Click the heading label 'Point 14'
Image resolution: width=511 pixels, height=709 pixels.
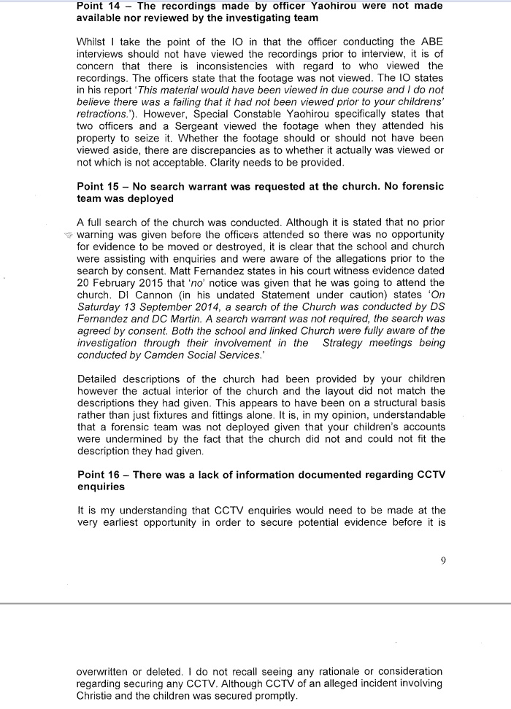pyautogui.click(x=99, y=6)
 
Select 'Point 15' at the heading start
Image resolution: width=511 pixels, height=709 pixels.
pyautogui.click(x=99, y=186)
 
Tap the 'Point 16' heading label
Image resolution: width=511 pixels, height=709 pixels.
pyautogui.click(x=99, y=475)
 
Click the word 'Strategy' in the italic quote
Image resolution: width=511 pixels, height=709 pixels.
pyautogui.click(x=347, y=344)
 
